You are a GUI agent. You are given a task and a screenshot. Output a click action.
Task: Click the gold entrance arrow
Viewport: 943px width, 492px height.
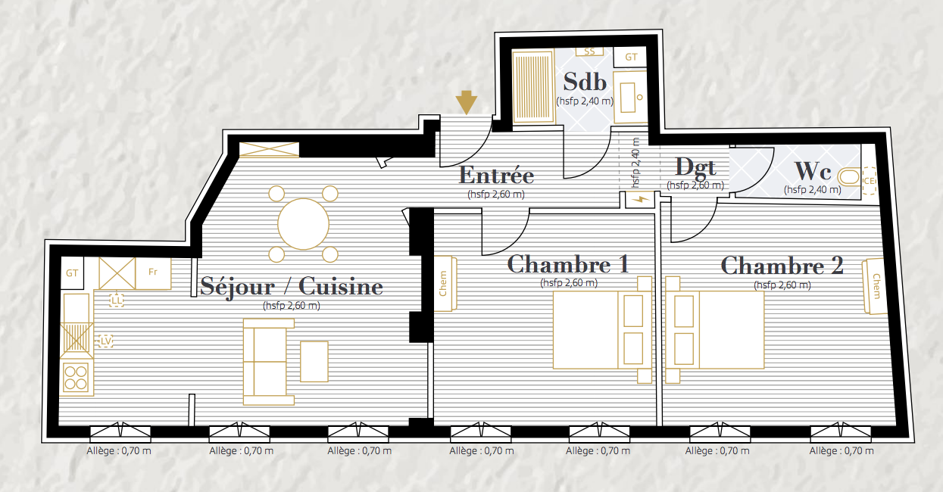[466, 102]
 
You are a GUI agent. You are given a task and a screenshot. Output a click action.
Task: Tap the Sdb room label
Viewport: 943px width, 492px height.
[585, 82]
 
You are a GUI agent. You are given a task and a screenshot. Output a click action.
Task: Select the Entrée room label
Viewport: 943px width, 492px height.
[496, 175]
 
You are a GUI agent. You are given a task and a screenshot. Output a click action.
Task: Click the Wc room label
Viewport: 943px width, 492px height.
[813, 170]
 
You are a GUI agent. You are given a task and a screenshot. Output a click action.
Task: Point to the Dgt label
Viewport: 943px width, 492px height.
[695, 167]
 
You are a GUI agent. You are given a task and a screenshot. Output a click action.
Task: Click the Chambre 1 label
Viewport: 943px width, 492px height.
[568, 264]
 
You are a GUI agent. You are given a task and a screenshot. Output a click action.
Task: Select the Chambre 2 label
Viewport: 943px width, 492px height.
[782, 266]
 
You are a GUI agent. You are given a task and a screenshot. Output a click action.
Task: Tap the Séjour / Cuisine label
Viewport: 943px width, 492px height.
[292, 287]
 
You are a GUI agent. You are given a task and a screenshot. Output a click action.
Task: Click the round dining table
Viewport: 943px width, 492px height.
[303, 224]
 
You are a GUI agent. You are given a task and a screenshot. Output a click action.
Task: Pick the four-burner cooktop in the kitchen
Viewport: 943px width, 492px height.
[76, 377]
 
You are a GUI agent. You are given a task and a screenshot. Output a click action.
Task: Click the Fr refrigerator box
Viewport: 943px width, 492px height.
[153, 273]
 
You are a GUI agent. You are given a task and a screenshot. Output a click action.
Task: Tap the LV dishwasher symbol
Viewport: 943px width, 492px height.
[106, 341]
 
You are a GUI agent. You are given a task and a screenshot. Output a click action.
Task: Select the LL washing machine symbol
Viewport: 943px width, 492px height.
[117, 300]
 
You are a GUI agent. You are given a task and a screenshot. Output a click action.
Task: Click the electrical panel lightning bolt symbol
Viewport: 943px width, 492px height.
[640, 200]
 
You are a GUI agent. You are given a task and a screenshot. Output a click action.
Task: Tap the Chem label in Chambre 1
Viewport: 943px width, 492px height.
[443, 283]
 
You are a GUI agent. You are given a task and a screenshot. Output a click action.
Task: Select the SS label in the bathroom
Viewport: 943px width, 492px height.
[589, 51]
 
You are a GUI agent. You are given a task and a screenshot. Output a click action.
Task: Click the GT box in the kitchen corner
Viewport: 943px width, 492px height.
[72, 272]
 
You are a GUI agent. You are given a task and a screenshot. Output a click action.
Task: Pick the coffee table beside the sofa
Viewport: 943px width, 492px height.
[314, 362]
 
